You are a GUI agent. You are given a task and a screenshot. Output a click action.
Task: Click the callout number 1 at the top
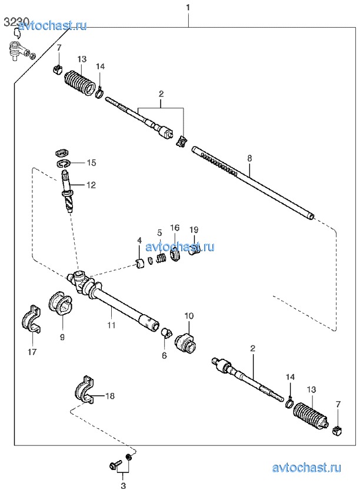click(188, 7)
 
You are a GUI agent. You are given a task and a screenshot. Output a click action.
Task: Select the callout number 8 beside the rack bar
click(249, 158)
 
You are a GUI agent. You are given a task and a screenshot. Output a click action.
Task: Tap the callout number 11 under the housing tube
click(111, 325)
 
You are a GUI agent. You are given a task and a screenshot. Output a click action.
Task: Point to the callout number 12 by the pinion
click(91, 185)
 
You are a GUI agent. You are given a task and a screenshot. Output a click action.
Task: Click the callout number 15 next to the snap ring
click(91, 162)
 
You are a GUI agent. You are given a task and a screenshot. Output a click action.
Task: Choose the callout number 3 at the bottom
click(123, 486)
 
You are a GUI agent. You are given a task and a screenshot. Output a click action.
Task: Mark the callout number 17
click(32, 352)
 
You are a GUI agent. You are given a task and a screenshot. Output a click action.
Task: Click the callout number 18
click(110, 396)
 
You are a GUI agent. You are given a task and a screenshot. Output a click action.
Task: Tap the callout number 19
click(194, 230)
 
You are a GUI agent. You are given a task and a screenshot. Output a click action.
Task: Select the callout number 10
click(189, 316)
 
